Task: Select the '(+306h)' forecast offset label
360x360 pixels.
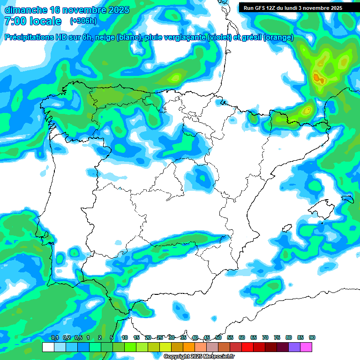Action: pyautogui.click(x=83, y=21)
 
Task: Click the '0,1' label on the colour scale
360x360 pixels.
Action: pyautogui.click(x=54, y=338)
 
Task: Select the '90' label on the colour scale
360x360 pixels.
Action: pyautogui.click(x=312, y=338)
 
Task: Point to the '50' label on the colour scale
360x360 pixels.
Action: pyautogui.click(x=218, y=338)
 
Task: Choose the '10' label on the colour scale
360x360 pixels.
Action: pyautogui.click(x=125, y=338)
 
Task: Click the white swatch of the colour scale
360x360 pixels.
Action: pyautogui.click(x=48, y=347)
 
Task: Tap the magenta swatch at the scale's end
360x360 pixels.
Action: pyautogui.click(x=306, y=347)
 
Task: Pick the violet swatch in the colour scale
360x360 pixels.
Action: pyautogui.click(x=294, y=347)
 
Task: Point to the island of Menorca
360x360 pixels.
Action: pyautogui.click(x=347, y=199)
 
